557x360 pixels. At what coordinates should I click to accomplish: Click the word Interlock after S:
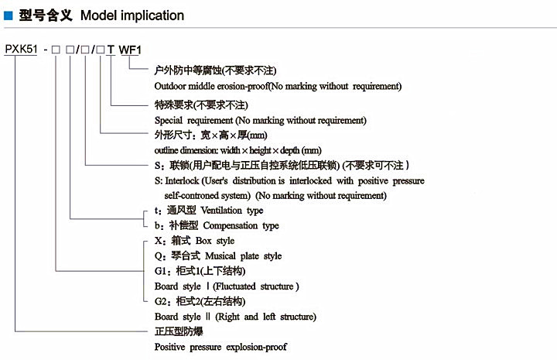[183, 180]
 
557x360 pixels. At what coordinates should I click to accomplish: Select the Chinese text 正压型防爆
[180, 332]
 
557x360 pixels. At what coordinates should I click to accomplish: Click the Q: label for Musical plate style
[159, 256]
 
